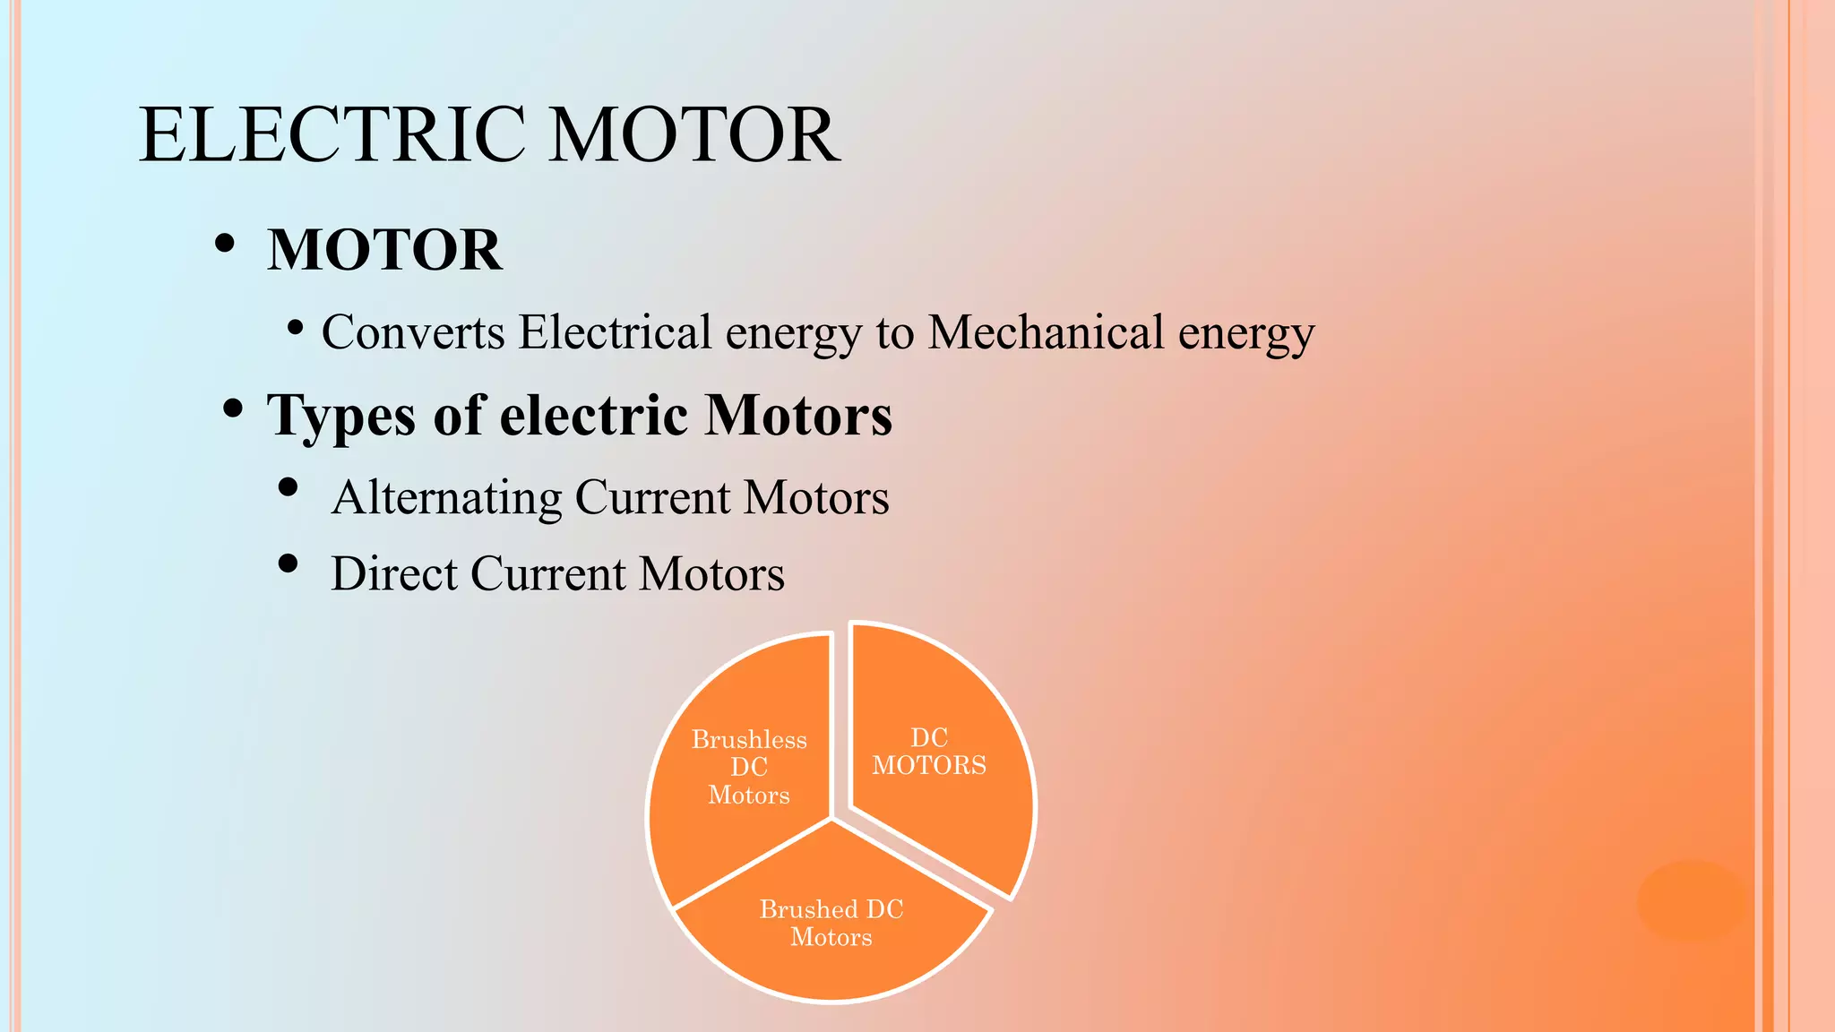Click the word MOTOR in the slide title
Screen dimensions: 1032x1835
click(694, 134)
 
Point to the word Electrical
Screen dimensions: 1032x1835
click(615, 332)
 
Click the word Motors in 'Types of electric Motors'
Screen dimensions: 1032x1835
click(798, 416)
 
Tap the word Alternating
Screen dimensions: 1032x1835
click(446, 498)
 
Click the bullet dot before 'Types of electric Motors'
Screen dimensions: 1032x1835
click(233, 409)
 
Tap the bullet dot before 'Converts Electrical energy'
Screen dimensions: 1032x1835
click(295, 327)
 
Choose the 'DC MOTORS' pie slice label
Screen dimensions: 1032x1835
click(929, 752)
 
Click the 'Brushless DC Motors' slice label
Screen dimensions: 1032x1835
click(749, 767)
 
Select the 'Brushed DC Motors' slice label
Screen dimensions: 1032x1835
click(831, 923)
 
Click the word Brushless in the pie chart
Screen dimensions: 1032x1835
click(749, 740)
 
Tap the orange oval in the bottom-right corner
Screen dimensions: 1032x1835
click(1692, 901)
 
